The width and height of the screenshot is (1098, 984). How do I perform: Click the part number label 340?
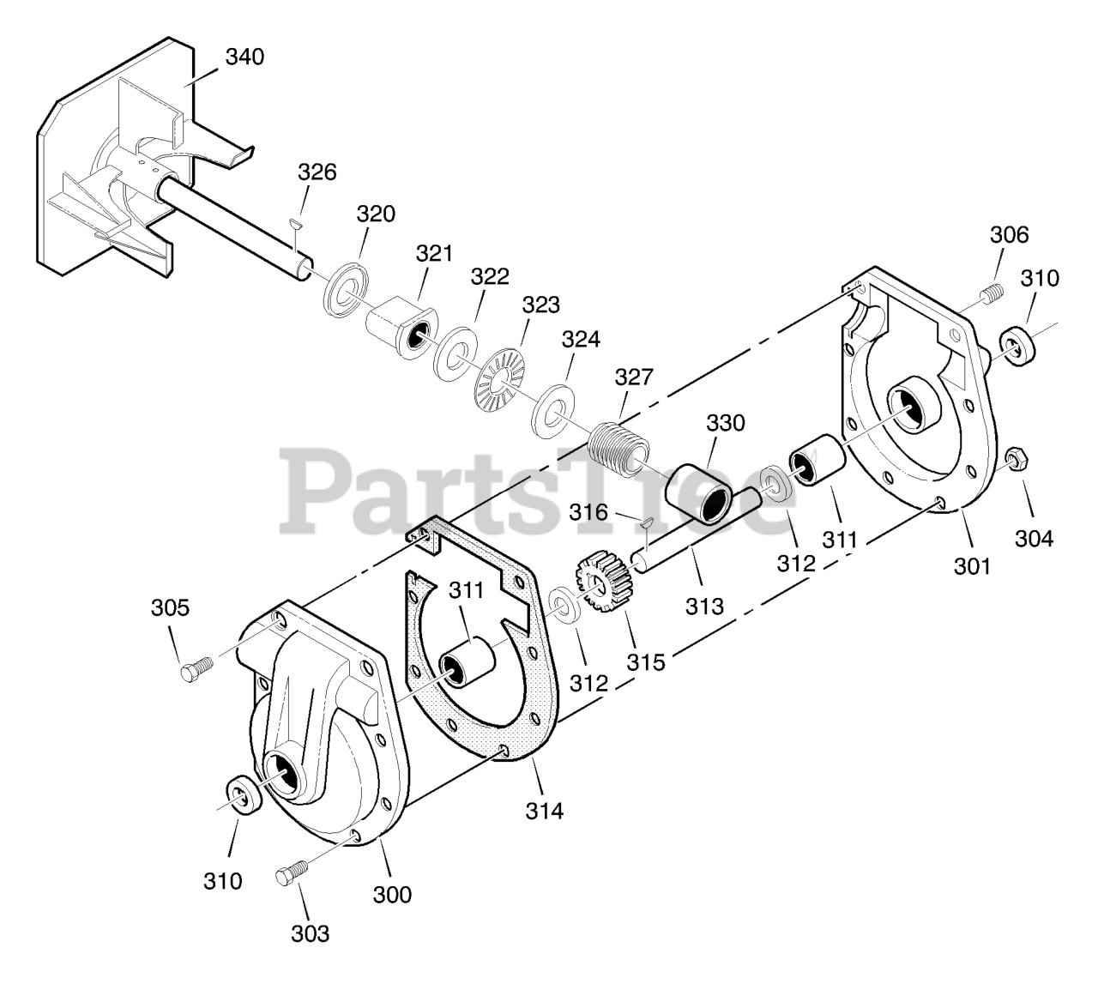[x=244, y=57]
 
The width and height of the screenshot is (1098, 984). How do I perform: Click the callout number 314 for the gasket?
[x=545, y=809]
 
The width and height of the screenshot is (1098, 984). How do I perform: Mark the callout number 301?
[x=973, y=565]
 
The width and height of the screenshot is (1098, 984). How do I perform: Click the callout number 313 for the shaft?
[x=704, y=605]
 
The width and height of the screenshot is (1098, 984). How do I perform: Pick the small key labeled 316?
[x=647, y=521]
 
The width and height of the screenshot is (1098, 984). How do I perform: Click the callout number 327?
[x=634, y=377]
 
